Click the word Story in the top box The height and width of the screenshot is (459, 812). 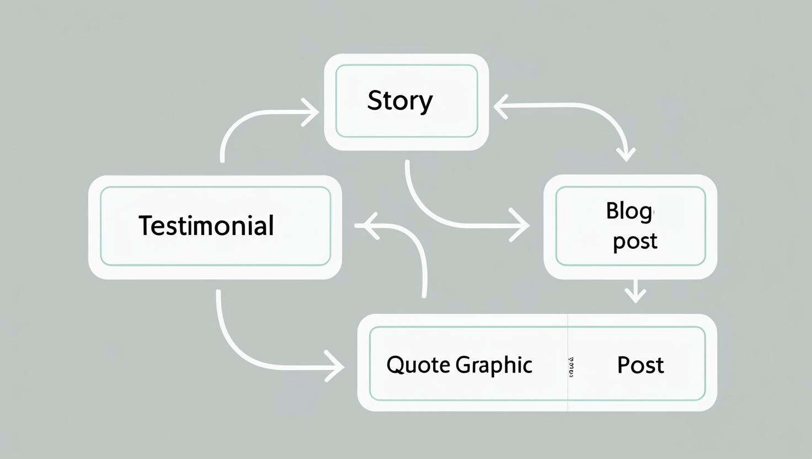point(400,101)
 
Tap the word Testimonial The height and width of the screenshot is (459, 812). point(206,226)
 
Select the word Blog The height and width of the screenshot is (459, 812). point(629,211)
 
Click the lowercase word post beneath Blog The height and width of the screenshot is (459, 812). point(635,241)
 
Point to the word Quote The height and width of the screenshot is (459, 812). point(418,365)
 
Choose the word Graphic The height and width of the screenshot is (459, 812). point(494,365)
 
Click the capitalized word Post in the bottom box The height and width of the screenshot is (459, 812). point(640,365)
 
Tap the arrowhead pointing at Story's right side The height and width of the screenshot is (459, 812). point(500,107)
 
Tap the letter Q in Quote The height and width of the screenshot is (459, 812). point(395,365)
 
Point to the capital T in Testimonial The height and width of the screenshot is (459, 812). point(145,226)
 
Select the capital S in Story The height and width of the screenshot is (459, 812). point(375,100)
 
